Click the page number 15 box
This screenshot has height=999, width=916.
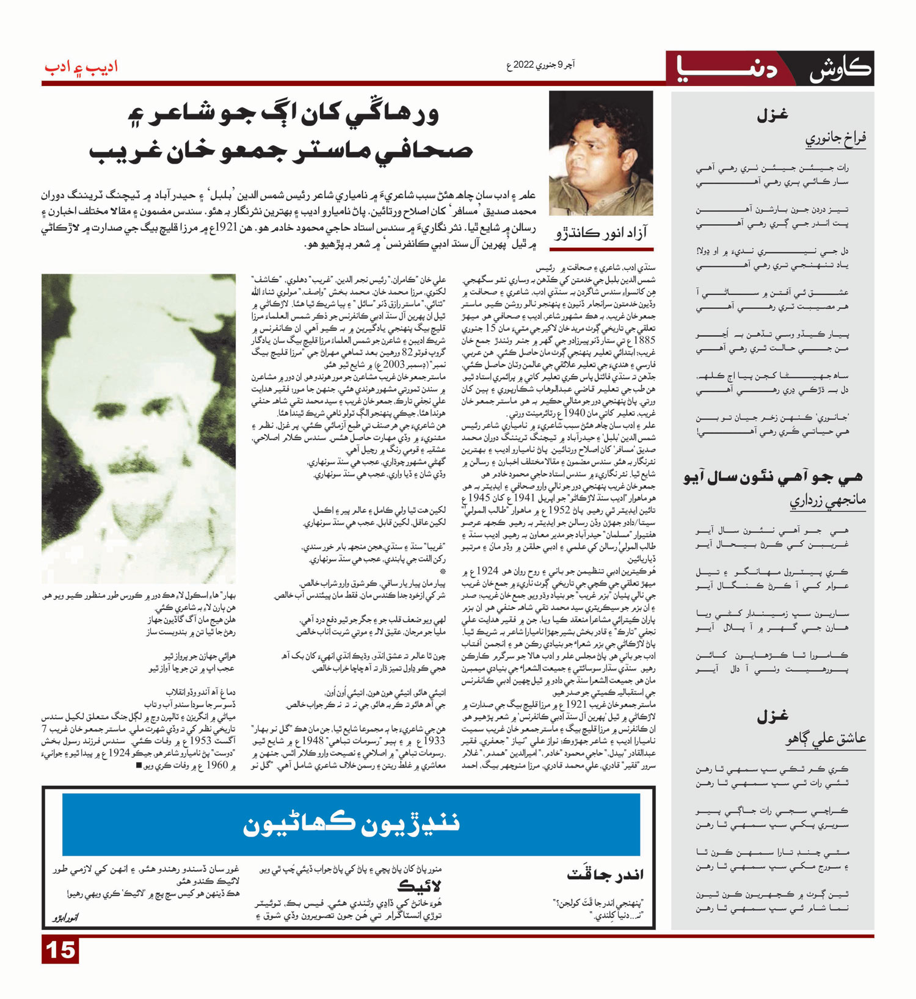click(60, 950)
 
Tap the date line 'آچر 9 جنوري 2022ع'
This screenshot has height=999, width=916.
click(540, 65)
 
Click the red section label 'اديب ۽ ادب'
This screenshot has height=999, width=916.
click(81, 67)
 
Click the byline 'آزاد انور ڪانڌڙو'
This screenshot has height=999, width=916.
click(601, 233)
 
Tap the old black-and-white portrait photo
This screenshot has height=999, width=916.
click(139, 427)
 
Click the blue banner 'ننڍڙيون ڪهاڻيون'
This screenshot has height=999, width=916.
click(351, 824)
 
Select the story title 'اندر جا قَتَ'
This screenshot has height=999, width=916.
click(605, 874)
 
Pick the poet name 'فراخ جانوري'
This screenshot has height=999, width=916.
click(835, 139)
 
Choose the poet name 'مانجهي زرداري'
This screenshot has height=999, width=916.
click(827, 501)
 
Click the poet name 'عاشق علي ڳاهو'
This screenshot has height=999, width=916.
click(825, 740)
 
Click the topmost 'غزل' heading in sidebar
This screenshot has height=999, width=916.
click(772, 115)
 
